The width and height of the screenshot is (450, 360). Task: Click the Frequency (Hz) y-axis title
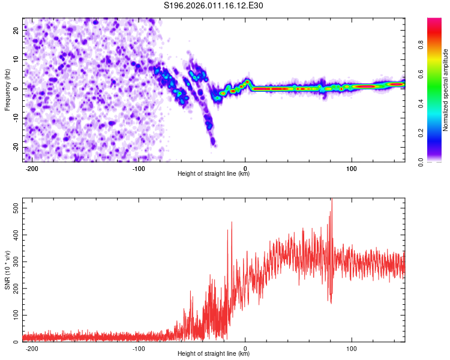point(7,90)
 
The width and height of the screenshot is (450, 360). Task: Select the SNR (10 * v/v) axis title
point(7,270)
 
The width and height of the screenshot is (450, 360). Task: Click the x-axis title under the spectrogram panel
point(214,174)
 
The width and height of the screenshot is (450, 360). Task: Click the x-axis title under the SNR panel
point(214,353)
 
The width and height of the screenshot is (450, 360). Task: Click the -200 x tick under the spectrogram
point(32,168)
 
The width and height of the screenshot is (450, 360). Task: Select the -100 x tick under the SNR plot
point(139,348)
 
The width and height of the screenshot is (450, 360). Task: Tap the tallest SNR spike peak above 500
point(331,200)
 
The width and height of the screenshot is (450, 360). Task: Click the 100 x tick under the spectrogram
point(352,168)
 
